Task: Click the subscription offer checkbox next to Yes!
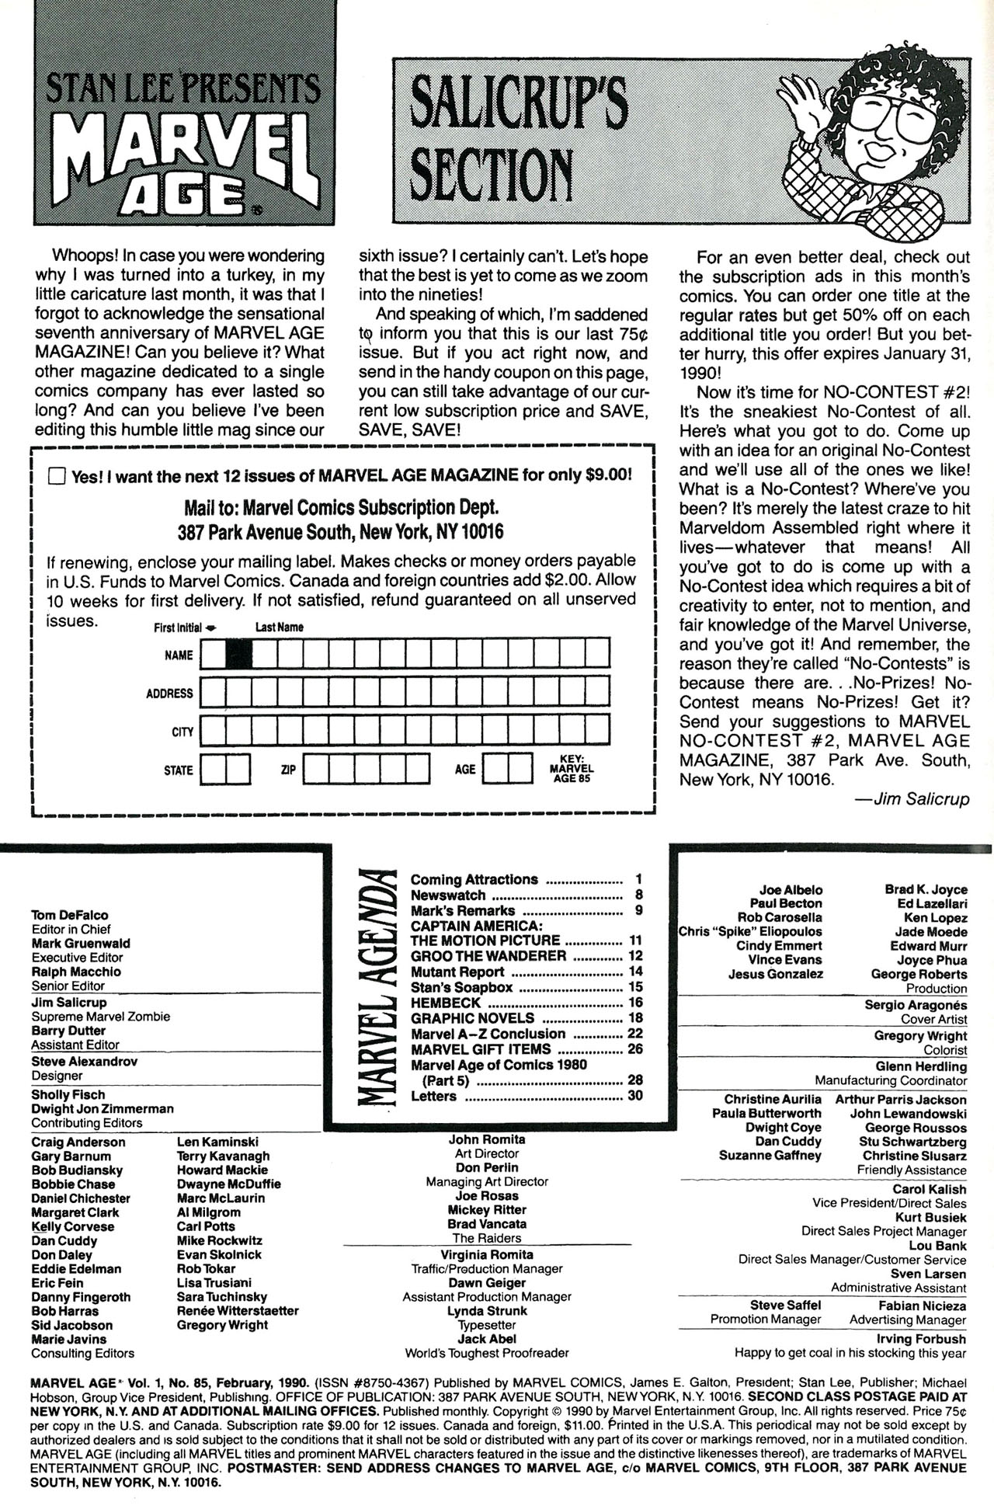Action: pyautogui.click(x=57, y=476)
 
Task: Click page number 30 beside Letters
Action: pyautogui.click(x=634, y=1096)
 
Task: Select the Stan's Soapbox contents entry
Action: pyautogui.click(x=462, y=987)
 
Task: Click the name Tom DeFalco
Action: pyautogui.click(x=70, y=915)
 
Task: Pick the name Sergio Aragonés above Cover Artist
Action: pyautogui.click(x=916, y=1004)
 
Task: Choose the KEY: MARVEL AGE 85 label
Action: pyautogui.click(x=572, y=768)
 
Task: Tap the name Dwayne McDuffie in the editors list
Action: pyautogui.click(x=228, y=1184)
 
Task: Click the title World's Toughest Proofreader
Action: pyautogui.click(x=487, y=1353)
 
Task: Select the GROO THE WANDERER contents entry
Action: pyautogui.click(x=488, y=956)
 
